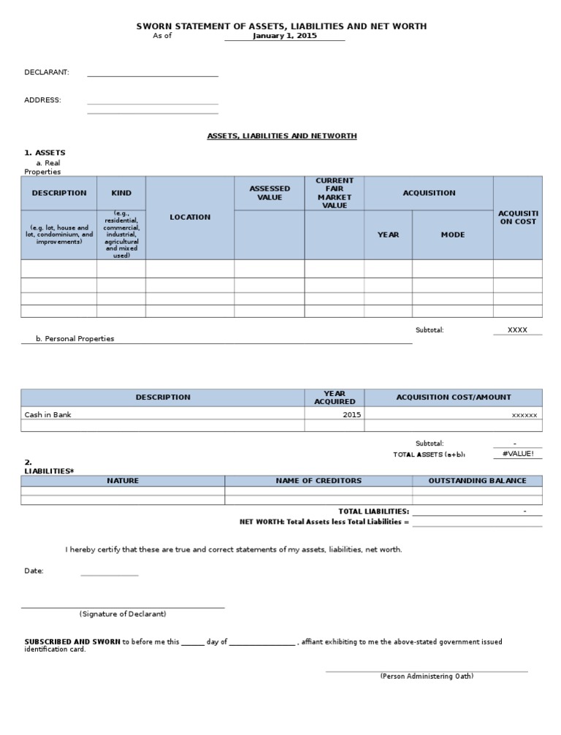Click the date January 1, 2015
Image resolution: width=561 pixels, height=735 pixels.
pyautogui.click(x=285, y=36)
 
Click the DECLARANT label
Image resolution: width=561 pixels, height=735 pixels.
pyautogui.click(x=47, y=72)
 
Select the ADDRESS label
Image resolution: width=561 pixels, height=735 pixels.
pyautogui.click(x=42, y=100)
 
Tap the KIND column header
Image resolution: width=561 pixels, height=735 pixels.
pyautogui.click(x=121, y=193)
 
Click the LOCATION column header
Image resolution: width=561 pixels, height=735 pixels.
pyautogui.click(x=190, y=217)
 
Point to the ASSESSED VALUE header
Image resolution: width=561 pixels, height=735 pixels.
pyautogui.click(x=270, y=193)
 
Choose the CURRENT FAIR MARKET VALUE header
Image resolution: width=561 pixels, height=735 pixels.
pyautogui.click(x=334, y=193)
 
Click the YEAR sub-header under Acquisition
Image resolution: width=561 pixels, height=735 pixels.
pyautogui.click(x=388, y=235)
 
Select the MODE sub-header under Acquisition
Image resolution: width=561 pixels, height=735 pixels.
pyautogui.click(x=452, y=235)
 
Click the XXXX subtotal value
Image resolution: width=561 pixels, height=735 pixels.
pyautogui.click(x=517, y=330)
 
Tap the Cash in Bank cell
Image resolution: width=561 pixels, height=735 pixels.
pyautogui.click(x=48, y=414)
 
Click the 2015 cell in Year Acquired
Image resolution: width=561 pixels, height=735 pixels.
pyautogui.click(x=351, y=414)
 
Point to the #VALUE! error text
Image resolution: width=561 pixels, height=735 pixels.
pyautogui.click(x=518, y=454)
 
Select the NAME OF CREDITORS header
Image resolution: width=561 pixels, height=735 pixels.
pyautogui.click(x=318, y=481)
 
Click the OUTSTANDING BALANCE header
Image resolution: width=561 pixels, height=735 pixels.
pyautogui.click(x=477, y=481)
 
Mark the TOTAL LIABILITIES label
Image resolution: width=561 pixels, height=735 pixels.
pyautogui.click(x=373, y=511)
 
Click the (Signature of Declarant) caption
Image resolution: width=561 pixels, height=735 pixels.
pyautogui.click(x=123, y=614)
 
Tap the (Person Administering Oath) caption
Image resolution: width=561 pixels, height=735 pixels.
pyautogui.click(x=427, y=676)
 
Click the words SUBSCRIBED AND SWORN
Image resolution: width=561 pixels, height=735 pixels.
pyautogui.click(x=72, y=641)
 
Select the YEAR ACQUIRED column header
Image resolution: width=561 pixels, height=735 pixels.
pyautogui.click(x=335, y=397)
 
